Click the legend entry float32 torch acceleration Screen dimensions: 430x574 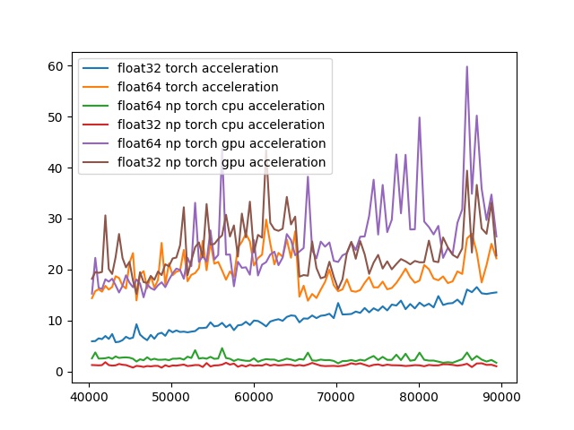[197, 68]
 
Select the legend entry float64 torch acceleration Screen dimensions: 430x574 [197, 87]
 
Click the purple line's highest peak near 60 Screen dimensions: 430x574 [466, 66]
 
